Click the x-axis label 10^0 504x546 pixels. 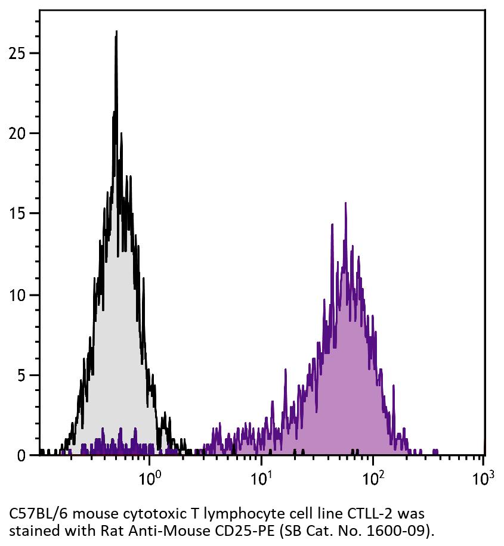click(149, 478)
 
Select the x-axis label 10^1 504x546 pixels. click(261, 478)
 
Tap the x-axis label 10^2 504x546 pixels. click(372, 478)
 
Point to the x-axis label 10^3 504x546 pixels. click(483, 478)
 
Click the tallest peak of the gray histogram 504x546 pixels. click(116, 33)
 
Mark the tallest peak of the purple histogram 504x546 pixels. click(345, 204)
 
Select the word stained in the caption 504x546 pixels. click(28, 529)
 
